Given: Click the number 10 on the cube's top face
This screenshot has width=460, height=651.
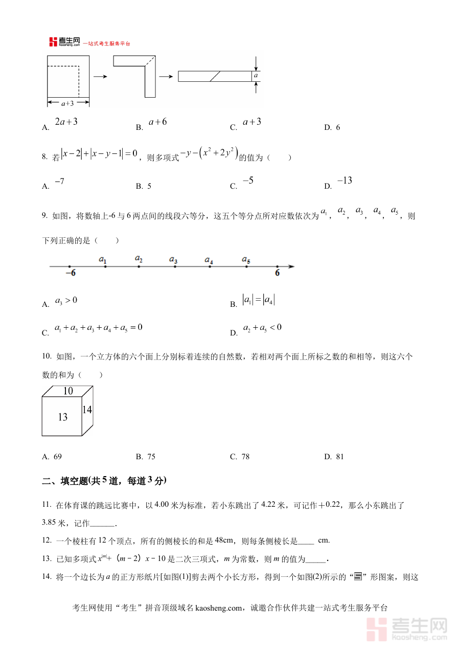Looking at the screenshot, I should (x=68, y=391).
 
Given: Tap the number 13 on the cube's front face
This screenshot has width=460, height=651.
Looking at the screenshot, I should (x=62, y=417).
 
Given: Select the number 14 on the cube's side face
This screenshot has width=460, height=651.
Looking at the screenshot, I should (x=87, y=410).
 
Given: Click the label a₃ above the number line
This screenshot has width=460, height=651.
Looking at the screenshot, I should (x=173, y=259).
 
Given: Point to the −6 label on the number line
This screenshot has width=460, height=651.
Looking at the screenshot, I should (x=71, y=273).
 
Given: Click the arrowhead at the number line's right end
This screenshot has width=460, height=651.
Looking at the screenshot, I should (x=291, y=266).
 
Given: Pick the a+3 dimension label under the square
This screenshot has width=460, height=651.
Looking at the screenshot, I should (x=68, y=103).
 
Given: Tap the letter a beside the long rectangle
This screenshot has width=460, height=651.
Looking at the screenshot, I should (x=256, y=76).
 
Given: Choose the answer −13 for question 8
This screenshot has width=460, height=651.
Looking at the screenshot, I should (x=344, y=181).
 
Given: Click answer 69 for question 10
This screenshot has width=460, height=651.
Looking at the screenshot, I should (x=57, y=457).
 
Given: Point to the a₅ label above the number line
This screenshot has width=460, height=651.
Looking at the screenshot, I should (x=246, y=259).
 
